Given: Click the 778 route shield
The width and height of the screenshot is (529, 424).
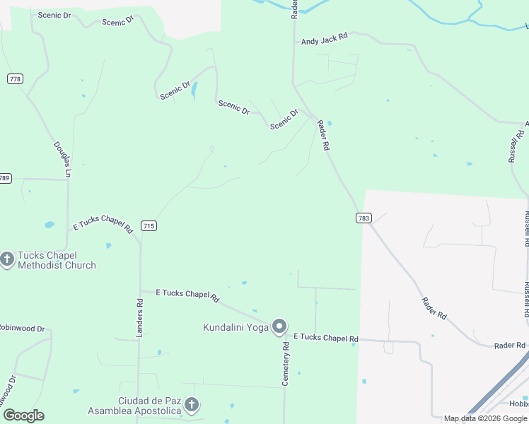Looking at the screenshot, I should pyautogui.click(x=15, y=78).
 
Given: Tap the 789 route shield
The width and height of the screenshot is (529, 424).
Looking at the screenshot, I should pyautogui.click(x=5, y=178).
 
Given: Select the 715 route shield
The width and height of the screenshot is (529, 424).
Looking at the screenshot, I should pyautogui.click(x=149, y=225).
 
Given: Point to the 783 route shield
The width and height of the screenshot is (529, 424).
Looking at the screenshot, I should pyautogui.click(x=364, y=218).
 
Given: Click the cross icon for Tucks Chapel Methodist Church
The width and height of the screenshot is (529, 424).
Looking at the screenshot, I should pyautogui.click(x=7, y=259).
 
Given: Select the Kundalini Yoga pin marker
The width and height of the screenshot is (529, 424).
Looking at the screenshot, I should pyautogui.click(x=279, y=326).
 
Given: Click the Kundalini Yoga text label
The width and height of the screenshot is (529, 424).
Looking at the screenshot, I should pyautogui.click(x=236, y=327).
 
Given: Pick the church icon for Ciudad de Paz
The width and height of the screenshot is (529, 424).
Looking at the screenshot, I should pyautogui.click(x=191, y=405).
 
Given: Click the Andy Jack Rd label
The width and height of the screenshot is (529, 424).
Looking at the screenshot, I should pyautogui.click(x=325, y=41).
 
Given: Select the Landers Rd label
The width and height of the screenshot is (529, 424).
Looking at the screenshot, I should pyautogui.click(x=139, y=311).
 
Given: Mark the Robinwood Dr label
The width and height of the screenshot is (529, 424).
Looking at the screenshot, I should pyautogui.click(x=21, y=329).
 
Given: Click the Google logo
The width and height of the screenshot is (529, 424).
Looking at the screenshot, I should pyautogui.click(x=24, y=415).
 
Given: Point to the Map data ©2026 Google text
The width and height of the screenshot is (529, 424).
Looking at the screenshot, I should pyautogui.click(x=485, y=418).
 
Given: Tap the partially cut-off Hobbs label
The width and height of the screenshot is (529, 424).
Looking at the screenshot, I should pyautogui.click(x=517, y=403).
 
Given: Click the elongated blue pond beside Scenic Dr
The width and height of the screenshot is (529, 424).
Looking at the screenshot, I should pyautogui.click(x=194, y=90).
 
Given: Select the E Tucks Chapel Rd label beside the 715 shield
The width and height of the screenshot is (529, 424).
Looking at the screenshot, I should pyautogui.click(x=103, y=223).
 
